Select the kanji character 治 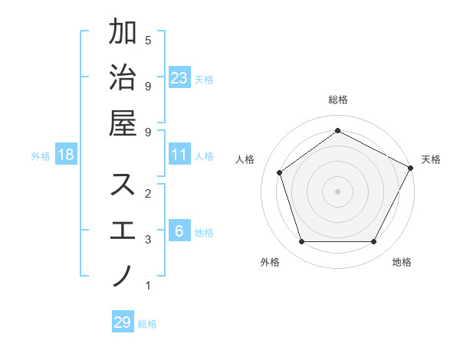tap(123, 78)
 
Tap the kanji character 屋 tap(123, 123)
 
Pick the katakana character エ tap(123, 231)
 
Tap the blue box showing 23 tap(179, 77)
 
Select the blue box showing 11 tap(179, 155)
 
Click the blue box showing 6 tap(179, 231)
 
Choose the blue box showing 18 tap(66, 155)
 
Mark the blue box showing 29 tap(122, 322)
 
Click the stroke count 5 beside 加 tap(148, 40)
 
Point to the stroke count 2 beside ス tap(148, 193)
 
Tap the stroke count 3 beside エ tap(148, 240)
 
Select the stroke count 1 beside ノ tap(148, 286)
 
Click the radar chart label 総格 tap(337, 100)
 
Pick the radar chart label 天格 tap(431, 159)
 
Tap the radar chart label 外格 tap(270, 262)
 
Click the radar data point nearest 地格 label tap(373, 242)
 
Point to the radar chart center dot tap(337, 191)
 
